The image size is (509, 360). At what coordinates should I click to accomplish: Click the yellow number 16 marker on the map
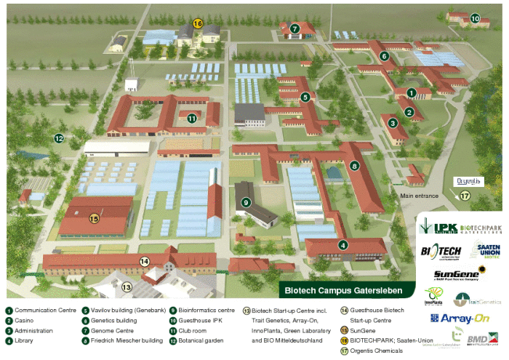pos(198,23)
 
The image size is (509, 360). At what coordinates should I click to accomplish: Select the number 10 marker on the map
pos(475,18)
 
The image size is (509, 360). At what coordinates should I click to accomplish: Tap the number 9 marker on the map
pos(247,202)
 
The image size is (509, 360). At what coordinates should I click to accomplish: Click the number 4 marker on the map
pos(342,244)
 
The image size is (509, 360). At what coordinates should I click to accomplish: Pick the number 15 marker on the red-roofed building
pos(94,217)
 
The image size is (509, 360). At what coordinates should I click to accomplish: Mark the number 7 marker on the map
pos(294,29)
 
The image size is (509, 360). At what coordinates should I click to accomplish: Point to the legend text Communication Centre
pos(44,310)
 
